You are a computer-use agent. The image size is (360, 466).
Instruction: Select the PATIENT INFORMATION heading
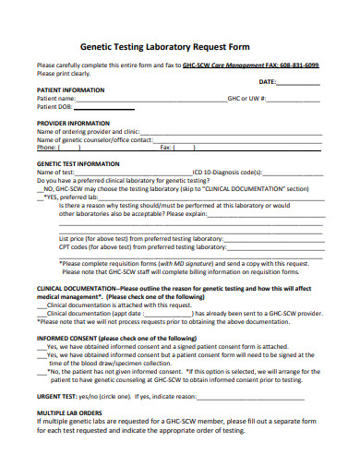[70, 90]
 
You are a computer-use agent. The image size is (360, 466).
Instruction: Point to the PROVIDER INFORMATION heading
[73, 122]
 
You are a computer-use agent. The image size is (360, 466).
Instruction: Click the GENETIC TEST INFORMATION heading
[78, 162]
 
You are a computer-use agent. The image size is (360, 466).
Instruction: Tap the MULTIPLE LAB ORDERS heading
[69, 412]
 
